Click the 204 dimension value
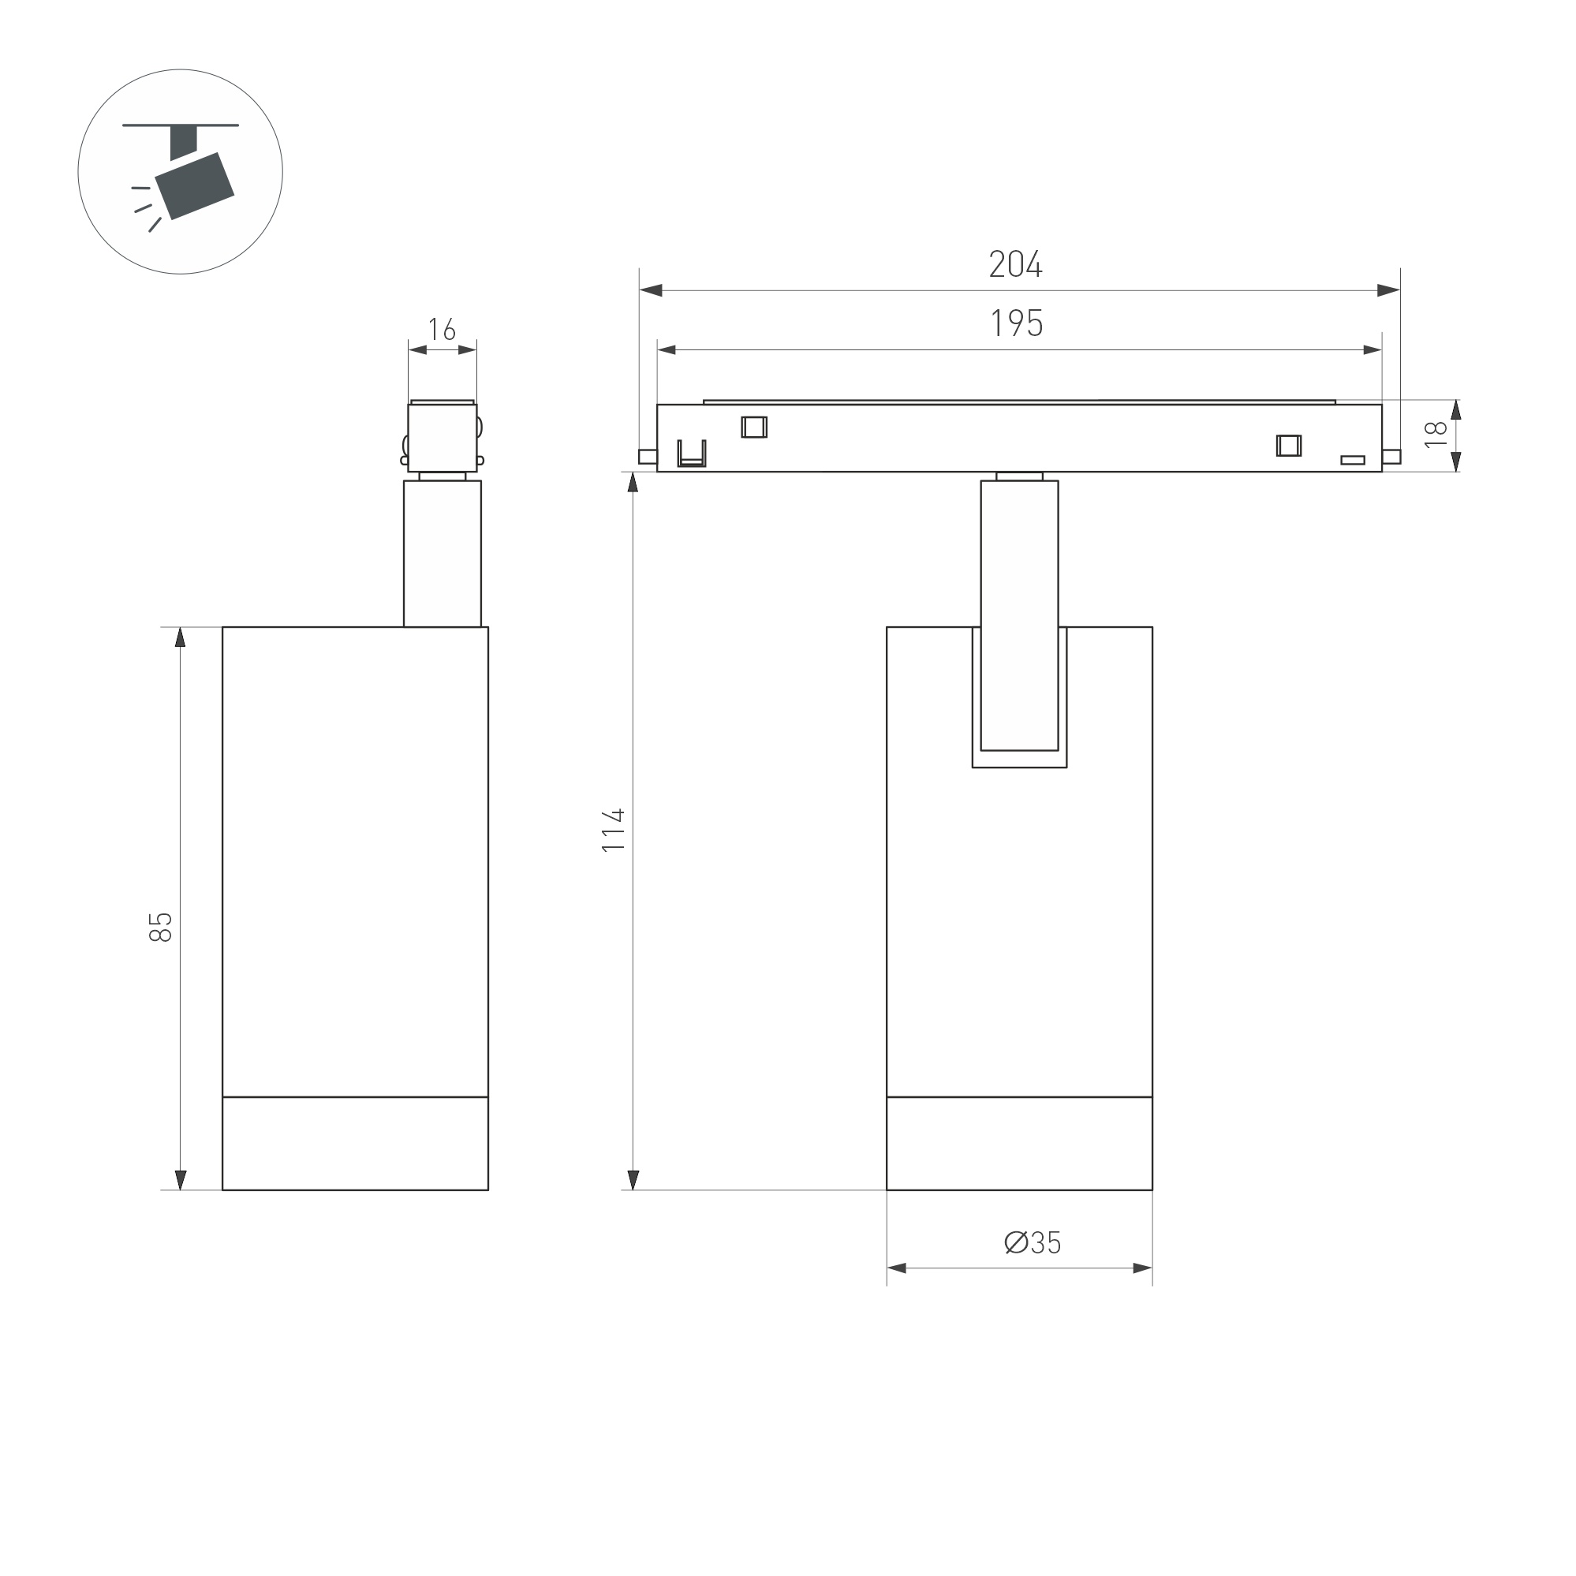pyautogui.click(x=1016, y=264)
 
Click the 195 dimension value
pyautogui.click(x=1018, y=324)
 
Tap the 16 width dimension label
pyautogui.click(x=441, y=330)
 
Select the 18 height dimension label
pyautogui.click(x=1435, y=434)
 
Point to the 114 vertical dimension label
pyautogui.click(x=614, y=831)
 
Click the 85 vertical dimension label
pyautogui.click(x=161, y=928)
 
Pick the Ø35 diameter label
pyautogui.click(x=1032, y=1243)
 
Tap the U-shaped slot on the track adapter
pyautogui.click(x=692, y=454)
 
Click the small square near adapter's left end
pyautogui.click(x=754, y=428)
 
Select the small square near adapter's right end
pyautogui.click(x=1289, y=446)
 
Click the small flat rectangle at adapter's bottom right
pyautogui.click(x=1353, y=460)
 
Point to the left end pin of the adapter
pyautogui.click(x=647, y=457)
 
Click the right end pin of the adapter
pyautogui.click(x=1391, y=457)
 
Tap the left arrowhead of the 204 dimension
pyautogui.click(x=650, y=290)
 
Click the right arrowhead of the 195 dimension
pyautogui.click(x=1372, y=350)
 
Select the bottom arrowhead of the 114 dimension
pyautogui.click(x=633, y=1179)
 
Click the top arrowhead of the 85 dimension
pyautogui.click(x=181, y=637)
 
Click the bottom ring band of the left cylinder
pyautogui.click(x=355, y=1144)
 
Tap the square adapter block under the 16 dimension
pyautogui.click(x=443, y=437)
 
